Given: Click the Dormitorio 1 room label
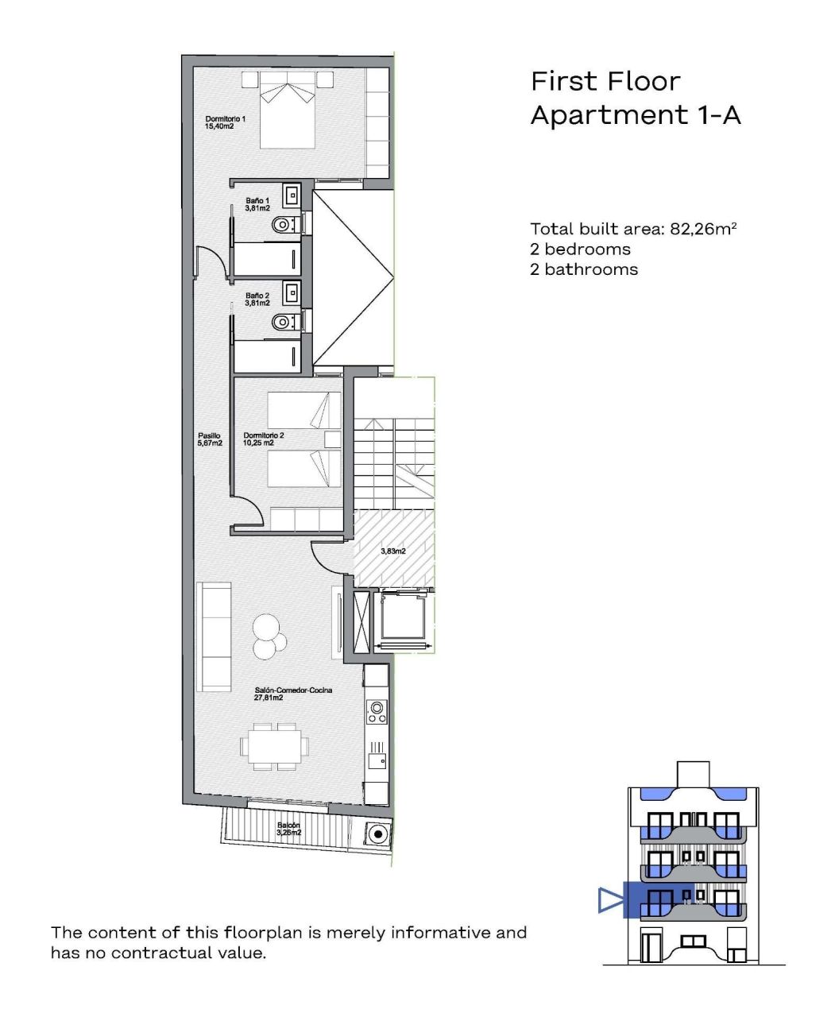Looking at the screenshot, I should click(x=225, y=122).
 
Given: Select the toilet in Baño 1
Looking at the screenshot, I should click(x=283, y=225).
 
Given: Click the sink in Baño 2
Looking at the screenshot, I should click(x=292, y=292).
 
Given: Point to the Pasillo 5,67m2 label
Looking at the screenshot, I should click(x=210, y=439).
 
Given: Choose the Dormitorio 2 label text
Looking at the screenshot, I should click(x=264, y=439).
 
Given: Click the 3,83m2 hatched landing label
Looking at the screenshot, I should click(x=393, y=551).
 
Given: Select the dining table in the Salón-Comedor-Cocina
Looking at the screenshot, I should click(x=275, y=746).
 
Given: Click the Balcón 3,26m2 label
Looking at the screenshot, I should click(x=289, y=829).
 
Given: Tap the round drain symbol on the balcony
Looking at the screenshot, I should click(x=377, y=834).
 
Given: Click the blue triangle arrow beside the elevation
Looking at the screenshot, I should click(x=609, y=900).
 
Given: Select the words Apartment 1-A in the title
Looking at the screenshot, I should click(x=636, y=115).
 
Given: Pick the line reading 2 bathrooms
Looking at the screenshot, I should click(x=584, y=269).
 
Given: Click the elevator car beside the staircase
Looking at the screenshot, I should click(x=404, y=619).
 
